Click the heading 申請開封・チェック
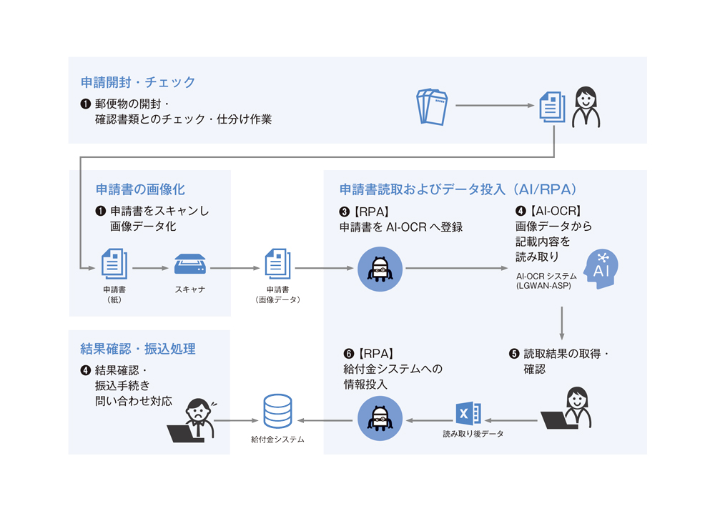click(138, 83)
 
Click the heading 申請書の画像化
click(140, 189)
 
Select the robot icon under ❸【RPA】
click(379, 269)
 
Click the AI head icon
click(601, 269)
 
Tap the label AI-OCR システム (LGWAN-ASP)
click(543, 280)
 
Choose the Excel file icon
click(468, 415)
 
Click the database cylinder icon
click(277, 411)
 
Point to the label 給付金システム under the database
click(277, 440)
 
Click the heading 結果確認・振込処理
click(138, 349)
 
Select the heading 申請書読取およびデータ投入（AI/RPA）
click(458, 189)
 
